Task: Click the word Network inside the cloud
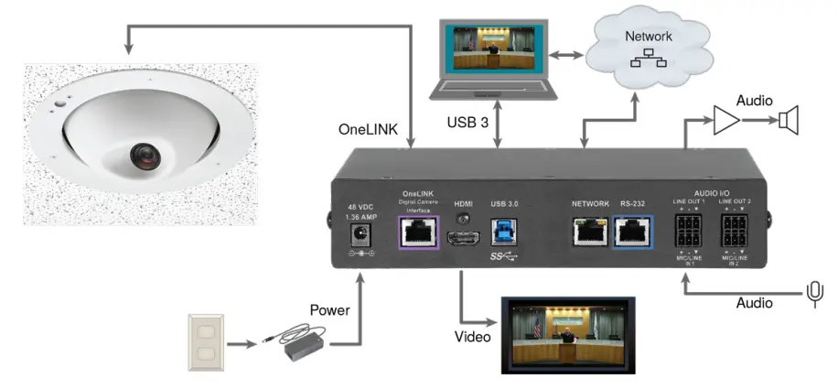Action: point(648,37)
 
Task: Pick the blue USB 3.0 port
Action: point(504,231)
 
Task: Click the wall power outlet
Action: point(206,341)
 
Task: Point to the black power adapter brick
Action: point(306,346)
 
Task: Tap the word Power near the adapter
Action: point(330,310)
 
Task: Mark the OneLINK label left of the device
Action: point(369,130)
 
